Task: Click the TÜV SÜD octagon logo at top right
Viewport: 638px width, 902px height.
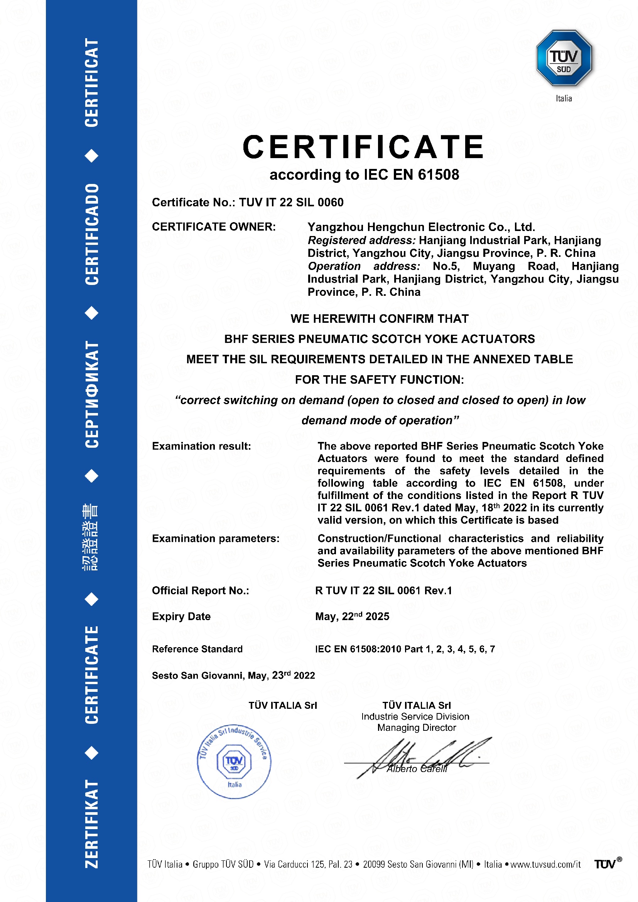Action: coord(564,58)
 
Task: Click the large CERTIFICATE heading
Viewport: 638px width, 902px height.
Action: coord(363,147)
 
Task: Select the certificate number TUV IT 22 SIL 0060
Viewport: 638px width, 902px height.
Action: coord(291,202)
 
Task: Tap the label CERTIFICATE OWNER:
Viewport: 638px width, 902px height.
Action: coord(214,227)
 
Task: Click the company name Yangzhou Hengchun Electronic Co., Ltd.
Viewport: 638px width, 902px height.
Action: coord(421,227)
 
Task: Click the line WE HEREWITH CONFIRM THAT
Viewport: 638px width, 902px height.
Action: coord(380,319)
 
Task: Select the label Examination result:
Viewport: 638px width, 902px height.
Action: coord(201,446)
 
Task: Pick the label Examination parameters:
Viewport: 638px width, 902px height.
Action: coord(216,538)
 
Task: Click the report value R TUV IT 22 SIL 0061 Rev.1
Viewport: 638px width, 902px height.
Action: coord(383,590)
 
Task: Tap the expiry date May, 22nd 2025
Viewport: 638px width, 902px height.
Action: coord(352,616)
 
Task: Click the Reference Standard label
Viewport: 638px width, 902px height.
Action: coord(197,649)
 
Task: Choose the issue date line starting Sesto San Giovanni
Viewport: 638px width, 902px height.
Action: coord(233,675)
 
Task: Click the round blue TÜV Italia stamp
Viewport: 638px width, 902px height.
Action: coord(234,761)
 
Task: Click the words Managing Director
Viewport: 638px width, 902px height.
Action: coord(417,728)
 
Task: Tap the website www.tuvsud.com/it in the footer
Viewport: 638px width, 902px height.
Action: coord(545,864)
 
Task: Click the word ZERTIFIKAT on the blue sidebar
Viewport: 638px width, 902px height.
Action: coord(91,823)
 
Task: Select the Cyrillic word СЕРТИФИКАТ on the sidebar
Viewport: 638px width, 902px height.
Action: coord(91,394)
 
